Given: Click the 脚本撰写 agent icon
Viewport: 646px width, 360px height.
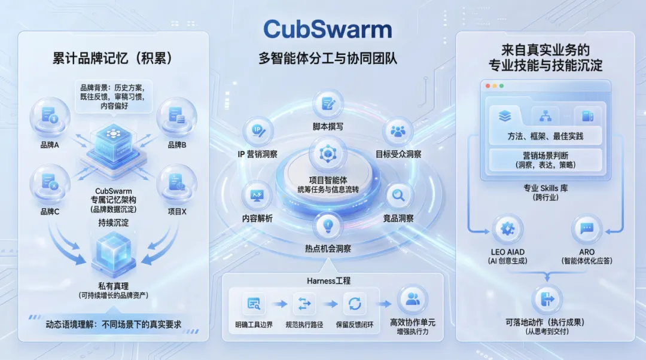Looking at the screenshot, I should click(x=328, y=103).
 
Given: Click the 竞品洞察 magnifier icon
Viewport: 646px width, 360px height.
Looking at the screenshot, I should click(x=398, y=195).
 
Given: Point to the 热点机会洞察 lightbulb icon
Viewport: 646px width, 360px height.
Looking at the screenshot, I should click(x=328, y=225).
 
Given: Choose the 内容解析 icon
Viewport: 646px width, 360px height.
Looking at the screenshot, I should click(x=257, y=195).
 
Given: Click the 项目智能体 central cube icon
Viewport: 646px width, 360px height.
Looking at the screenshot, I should click(x=328, y=154).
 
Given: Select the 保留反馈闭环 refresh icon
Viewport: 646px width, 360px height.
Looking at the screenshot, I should click(x=355, y=304).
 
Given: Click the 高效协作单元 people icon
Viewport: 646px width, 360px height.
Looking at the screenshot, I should click(x=412, y=299).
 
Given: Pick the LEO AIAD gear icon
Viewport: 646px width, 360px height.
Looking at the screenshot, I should click(x=508, y=228).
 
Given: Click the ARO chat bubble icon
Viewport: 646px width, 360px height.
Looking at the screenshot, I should click(x=586, y=228).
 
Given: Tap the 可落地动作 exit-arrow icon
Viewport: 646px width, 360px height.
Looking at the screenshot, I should click(x=545, y=297).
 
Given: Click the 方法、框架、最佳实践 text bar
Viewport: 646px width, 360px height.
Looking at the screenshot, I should click(x=545, y=136).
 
